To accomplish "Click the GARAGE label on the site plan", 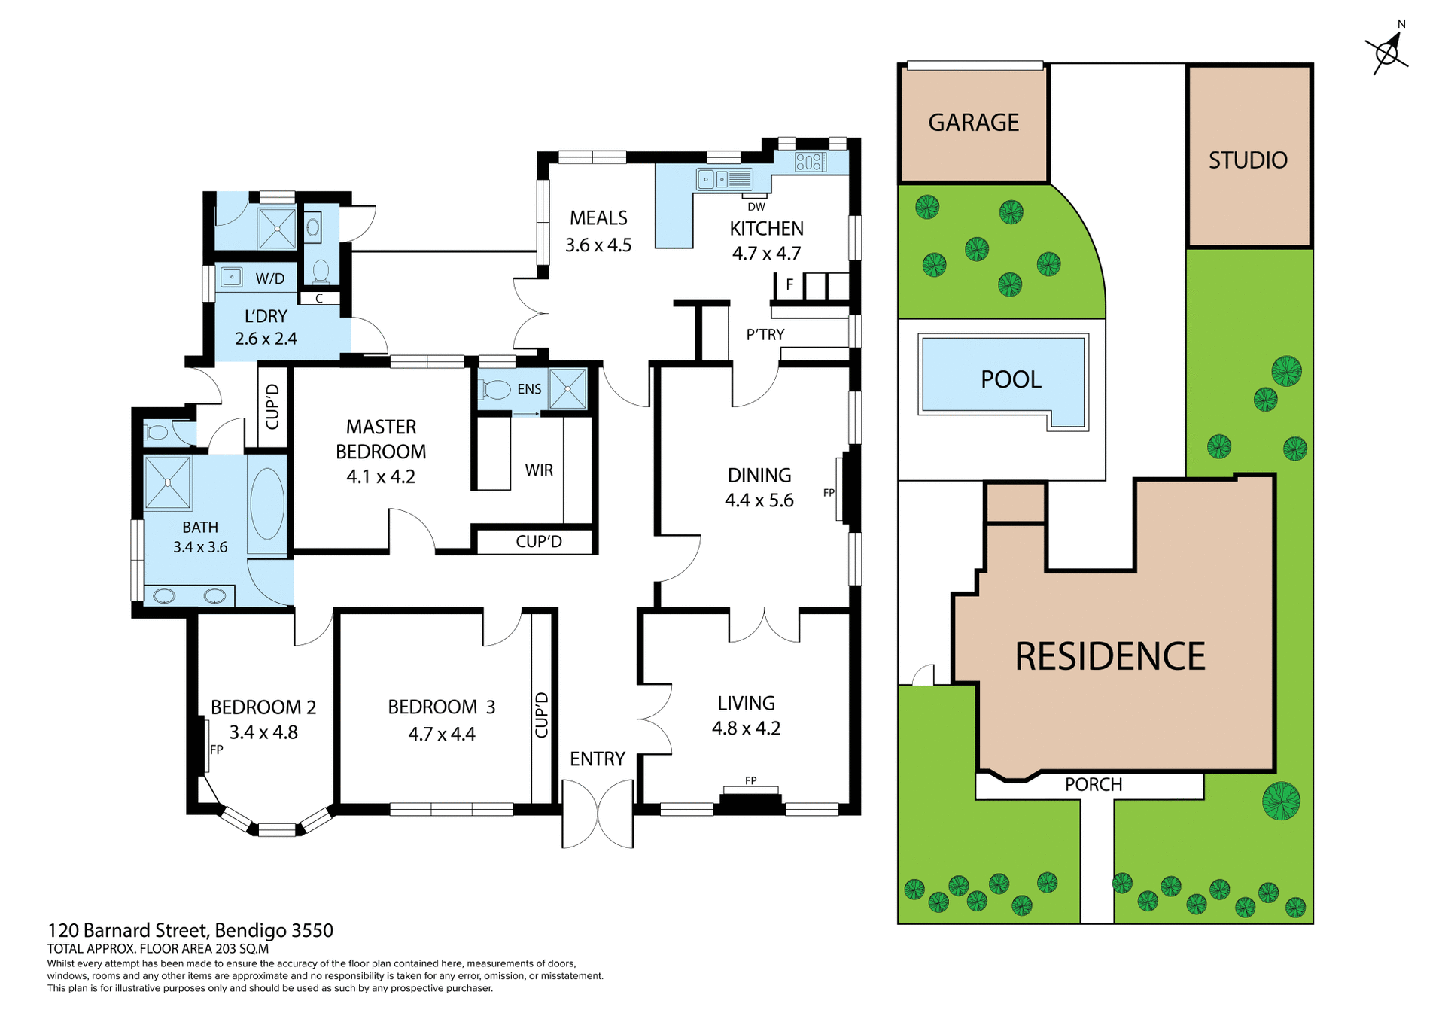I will (x=973, y=123).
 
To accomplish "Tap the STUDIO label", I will (x=1248, y=160).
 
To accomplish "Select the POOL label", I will (x=1011, y=379).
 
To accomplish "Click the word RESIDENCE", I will (x=1110, y=656).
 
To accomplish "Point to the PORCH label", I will (x=1093, y=784).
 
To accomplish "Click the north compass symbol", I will (x=1387, y=52).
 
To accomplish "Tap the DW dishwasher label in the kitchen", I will (x=756, y=207).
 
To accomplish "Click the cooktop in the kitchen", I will (x=811, y=162).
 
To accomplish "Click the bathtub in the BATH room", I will (x=266, y=503).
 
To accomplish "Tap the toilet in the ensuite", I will (x=497, y=389).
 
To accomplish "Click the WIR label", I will (x=539, y=470).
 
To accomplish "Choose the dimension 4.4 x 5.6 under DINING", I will (x=759, y=500).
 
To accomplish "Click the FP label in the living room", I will (x=750, y=780).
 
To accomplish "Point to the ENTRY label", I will (x=598, y=759).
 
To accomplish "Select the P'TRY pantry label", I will (x=765, y=335).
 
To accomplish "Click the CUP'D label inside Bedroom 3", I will (x=541, y=715).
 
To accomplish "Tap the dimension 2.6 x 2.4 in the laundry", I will (x=266, y=339).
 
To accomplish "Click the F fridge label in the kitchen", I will (x=789, y=284).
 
